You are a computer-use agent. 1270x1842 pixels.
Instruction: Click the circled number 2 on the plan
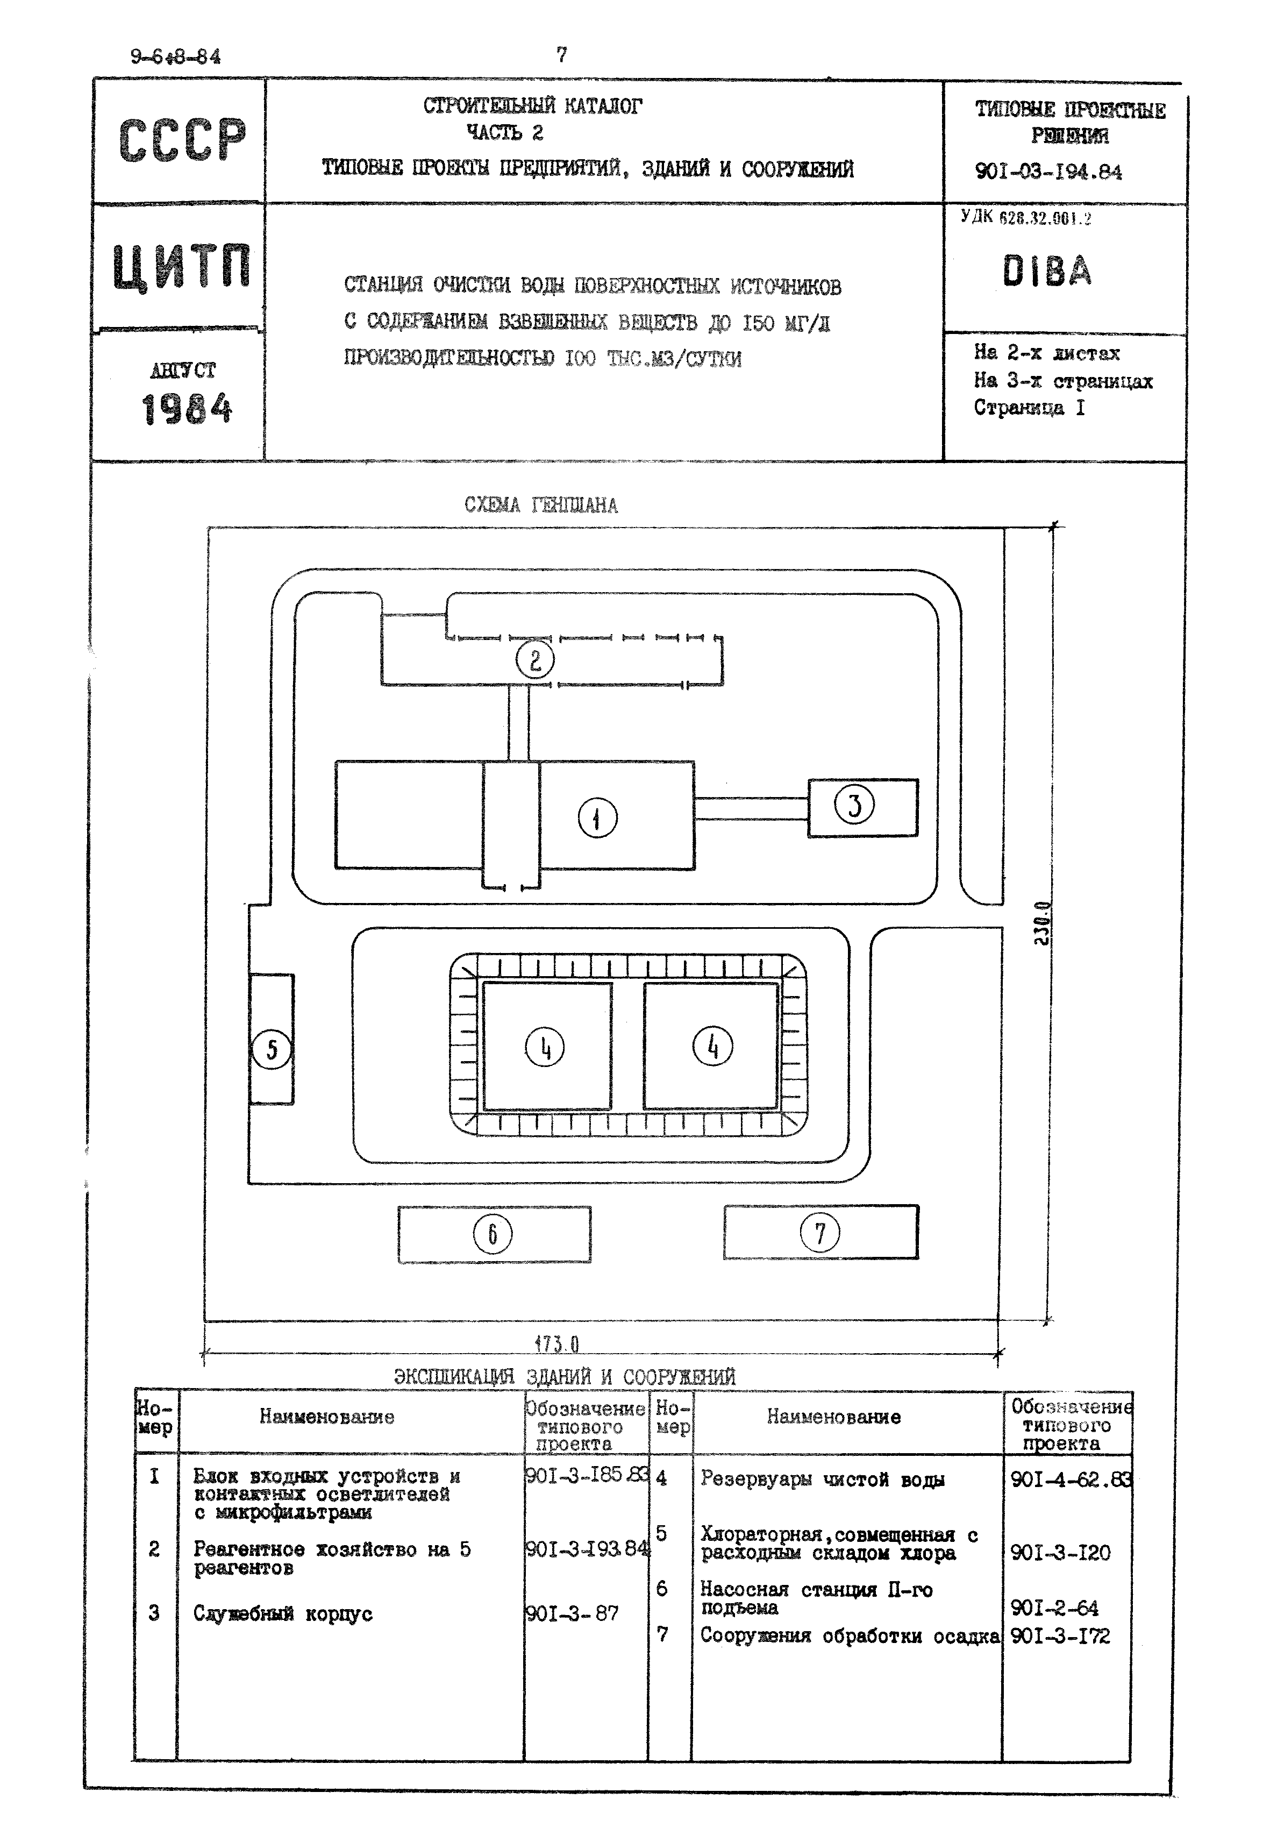[535, 660]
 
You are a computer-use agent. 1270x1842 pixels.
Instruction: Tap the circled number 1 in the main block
[597, 817]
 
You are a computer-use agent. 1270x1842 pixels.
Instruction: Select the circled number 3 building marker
[854, 805]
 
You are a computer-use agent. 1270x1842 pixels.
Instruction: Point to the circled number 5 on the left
[272, 1049]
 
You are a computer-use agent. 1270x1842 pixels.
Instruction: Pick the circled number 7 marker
[819, 1233]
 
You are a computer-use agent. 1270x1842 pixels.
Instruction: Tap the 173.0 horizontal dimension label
[557, 1345]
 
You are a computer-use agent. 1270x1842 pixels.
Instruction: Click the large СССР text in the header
[182, 141]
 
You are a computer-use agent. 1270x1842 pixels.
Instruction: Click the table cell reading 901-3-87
[572, 1613]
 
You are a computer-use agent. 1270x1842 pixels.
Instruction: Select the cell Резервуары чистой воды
[822, 1479]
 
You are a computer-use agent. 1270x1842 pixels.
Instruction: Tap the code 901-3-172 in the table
[1060, 1637]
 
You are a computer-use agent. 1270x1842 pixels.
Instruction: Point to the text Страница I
[1029, 408]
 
